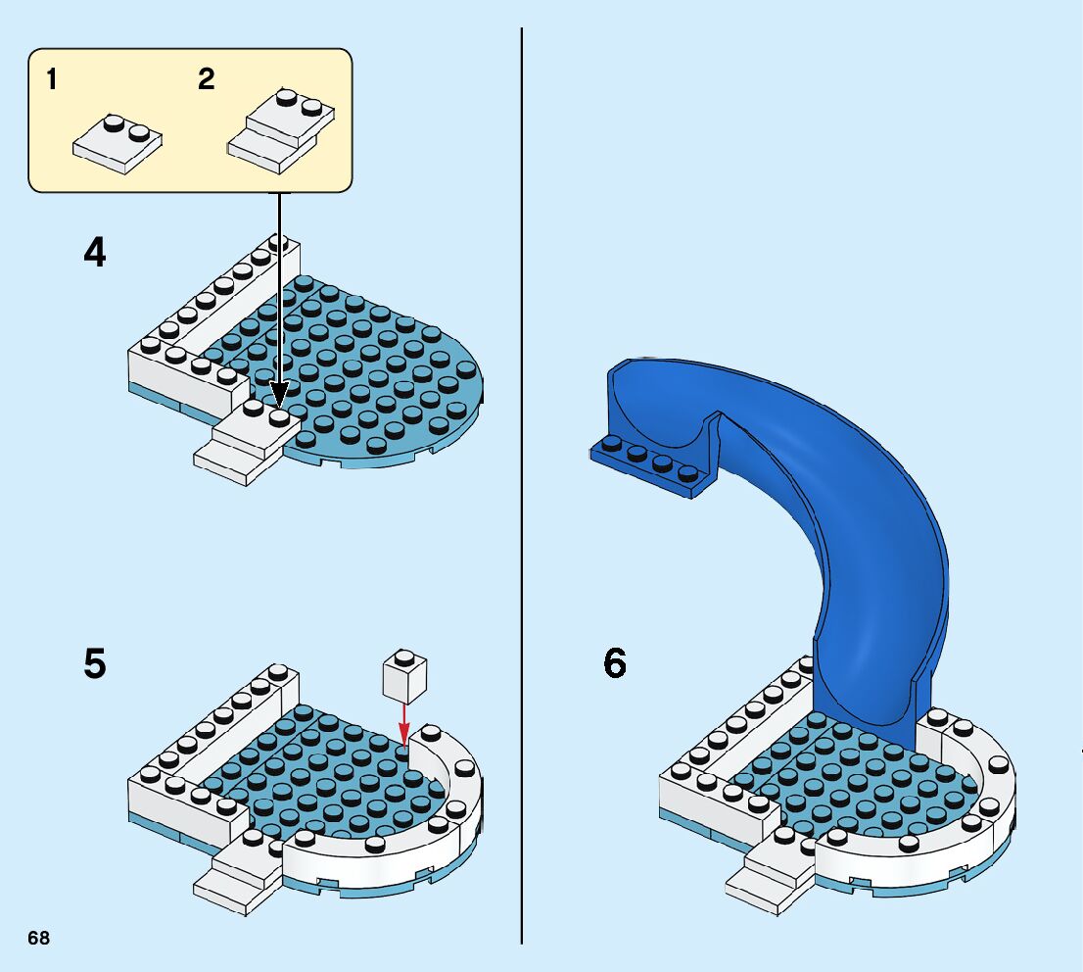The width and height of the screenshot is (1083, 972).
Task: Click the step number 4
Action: point(95,254)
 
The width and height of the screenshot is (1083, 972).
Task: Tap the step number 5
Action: point(94,664)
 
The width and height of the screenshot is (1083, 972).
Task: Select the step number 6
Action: point(614,664)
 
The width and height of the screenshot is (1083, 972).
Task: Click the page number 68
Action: point(38,939)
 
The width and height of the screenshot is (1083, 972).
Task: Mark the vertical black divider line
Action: point(521,490)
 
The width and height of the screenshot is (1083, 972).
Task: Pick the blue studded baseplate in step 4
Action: point(382,372)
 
